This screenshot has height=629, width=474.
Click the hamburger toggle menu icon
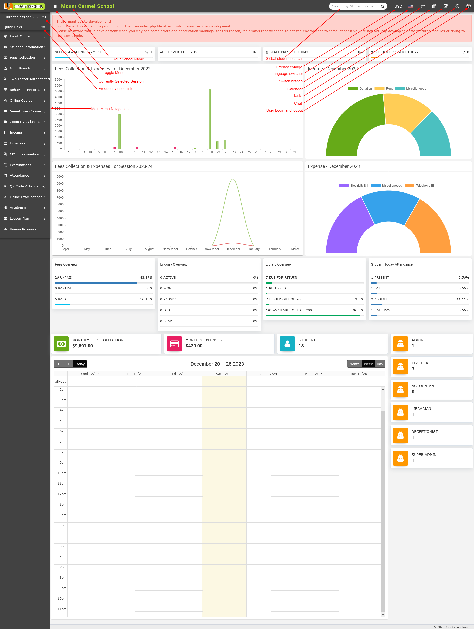(x=55, y=6)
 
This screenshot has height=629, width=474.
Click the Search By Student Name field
(x=353, y=6)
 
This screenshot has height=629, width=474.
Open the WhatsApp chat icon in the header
(x=457, y=6)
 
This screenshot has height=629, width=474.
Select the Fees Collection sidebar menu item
(x=22, y=58)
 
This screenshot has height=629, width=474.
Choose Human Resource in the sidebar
(x=23, y=229)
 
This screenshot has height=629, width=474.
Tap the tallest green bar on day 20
(x=210, y=119)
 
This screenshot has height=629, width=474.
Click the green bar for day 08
(x=120, y=131)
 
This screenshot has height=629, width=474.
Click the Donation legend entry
(x=360, y=89)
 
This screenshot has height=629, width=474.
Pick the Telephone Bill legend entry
(x=420, y=186)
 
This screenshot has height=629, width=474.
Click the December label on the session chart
(x=233, y=249)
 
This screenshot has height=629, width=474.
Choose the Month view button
(x=354, y=364)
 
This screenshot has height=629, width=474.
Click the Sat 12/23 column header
(x=224, y=374)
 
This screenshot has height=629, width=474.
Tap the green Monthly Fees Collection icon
(x=61, y=344)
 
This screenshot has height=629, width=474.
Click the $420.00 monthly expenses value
(x=194, y=346)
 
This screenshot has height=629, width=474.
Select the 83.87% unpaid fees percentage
(x=146, y=278)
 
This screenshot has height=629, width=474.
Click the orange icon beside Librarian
(x=400, y=412)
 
